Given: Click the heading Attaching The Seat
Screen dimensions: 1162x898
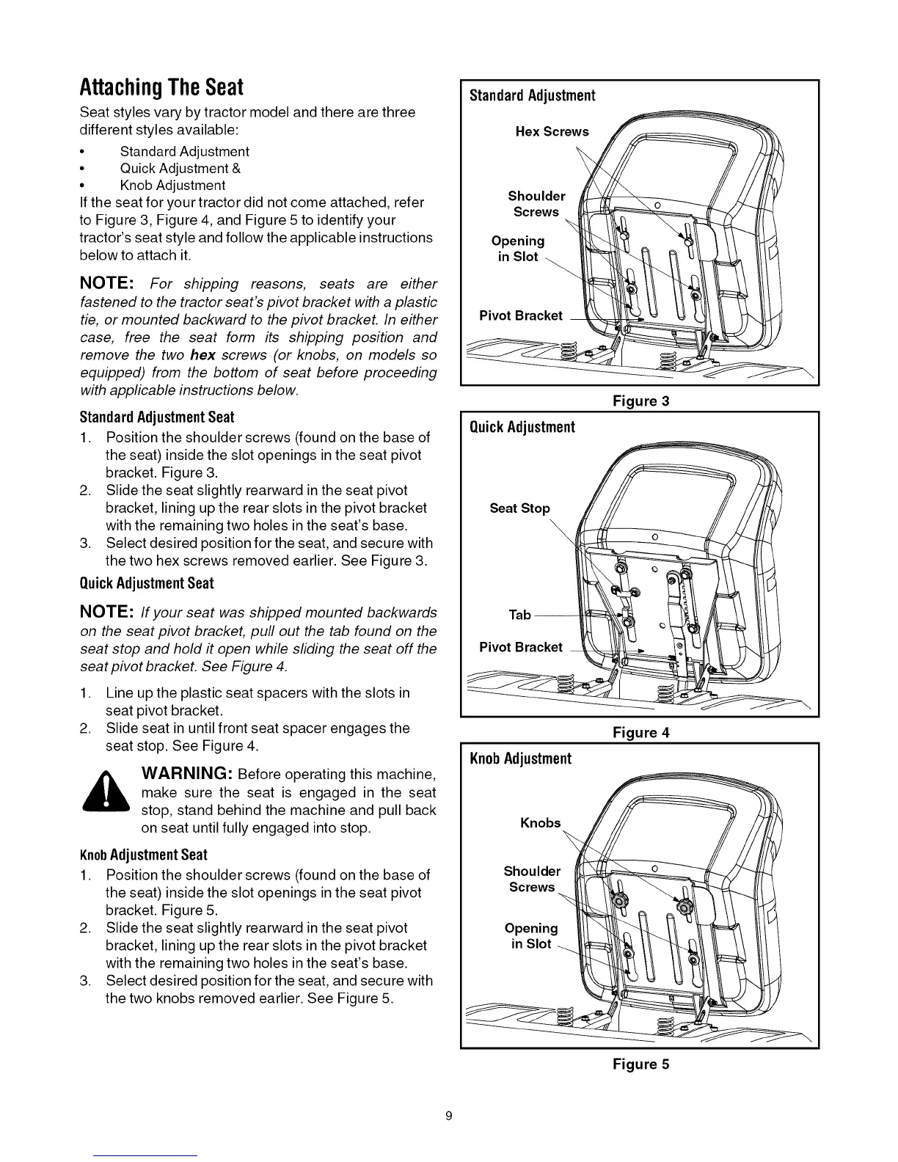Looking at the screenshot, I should click(161, 87).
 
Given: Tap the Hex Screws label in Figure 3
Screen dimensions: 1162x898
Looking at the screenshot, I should click(552, 132).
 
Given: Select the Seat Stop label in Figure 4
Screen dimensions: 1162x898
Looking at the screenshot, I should click(519, 508).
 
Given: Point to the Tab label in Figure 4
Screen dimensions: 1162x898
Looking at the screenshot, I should click(519, 615).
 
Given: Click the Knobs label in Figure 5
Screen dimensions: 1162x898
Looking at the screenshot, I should click(540, 823).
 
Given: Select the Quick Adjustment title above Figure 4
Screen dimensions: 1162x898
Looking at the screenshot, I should click(522, 427).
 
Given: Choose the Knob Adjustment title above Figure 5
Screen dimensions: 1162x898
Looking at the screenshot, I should click(520, 759).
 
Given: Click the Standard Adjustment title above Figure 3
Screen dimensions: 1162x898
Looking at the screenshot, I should click(532, 95).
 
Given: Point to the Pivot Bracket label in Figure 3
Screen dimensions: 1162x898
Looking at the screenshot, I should click(520, 315).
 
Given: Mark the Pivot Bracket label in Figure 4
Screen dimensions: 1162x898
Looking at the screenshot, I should click(520, 647).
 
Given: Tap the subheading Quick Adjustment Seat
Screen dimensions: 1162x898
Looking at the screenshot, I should click(146, 583).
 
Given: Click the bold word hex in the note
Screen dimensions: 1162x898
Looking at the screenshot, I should click(202, 355).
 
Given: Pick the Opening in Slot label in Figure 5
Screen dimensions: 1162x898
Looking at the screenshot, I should click(531, 936).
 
